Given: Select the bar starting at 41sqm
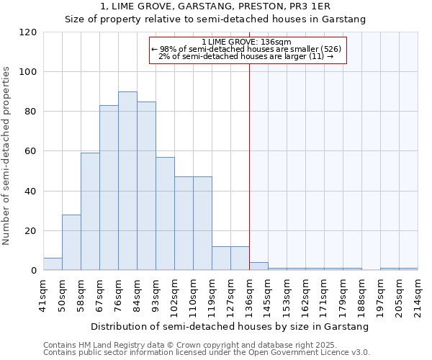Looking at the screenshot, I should click(53, 264).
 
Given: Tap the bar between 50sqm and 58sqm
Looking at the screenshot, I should click(71, 243).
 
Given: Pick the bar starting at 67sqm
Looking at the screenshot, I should click(109, 188).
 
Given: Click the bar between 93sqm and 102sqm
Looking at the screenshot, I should click(165, 214).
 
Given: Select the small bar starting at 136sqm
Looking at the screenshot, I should click(258, 266).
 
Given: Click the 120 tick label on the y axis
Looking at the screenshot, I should click(28, 32).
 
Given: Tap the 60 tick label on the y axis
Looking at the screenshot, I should click(31, 151).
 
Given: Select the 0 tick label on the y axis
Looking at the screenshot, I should click(34, 271).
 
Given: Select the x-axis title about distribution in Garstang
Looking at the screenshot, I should click(230, 326).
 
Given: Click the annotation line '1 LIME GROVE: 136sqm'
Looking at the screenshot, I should click(246, 42).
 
